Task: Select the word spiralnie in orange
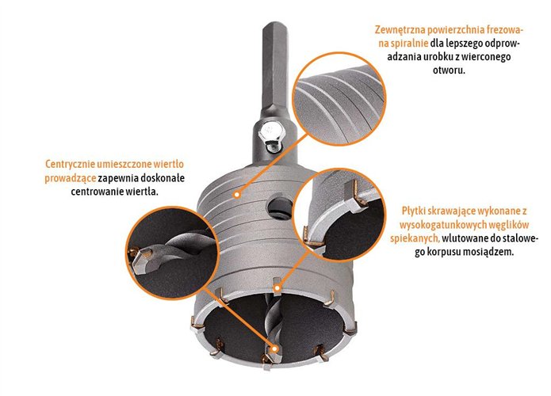tap(408, 44)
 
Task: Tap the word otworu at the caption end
tap(449, 70)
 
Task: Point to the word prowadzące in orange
tap(71, 178)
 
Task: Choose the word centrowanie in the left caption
tap(95, 192)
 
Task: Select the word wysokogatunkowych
tap(438, 225)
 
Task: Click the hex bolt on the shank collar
tap(270, 135)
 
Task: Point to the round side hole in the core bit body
tap(278, 208)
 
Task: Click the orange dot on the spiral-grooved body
tap(237, 194)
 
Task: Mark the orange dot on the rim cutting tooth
tap(277, 288)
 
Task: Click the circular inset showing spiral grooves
tap(340, 99)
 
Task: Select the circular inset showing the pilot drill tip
tap(172, 253)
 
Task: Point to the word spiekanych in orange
tap(415, 238)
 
